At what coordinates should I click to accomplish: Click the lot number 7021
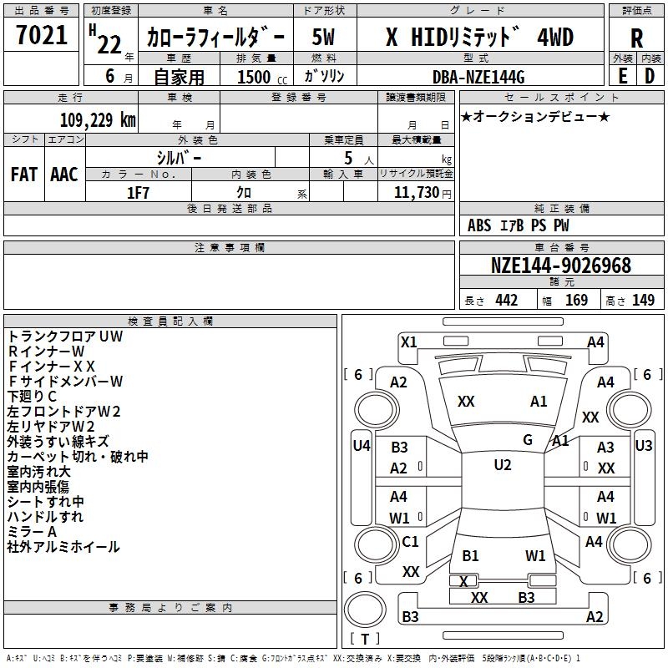[x=42, y=35]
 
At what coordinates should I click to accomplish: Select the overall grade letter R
[x=636, y=38]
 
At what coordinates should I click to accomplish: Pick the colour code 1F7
[x=137, y=193]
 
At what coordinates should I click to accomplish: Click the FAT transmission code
[x=24, y=174]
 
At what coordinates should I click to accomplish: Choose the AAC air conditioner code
[x=64, y=174]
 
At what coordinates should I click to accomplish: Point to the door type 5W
[x=323, y=37]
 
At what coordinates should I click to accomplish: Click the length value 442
[x=507, y=301]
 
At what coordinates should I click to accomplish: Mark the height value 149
[x=643, y=301]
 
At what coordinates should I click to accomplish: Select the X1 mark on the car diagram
[x=409, y=342]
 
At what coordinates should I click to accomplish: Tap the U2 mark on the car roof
[x=502, y=465]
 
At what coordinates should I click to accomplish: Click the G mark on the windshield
[x=528, y=440]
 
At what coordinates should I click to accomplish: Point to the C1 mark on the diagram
[x=410, y=542]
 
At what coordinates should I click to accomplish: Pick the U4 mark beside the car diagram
[x=361, y=446]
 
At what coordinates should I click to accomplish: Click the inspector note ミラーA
[x=32, y=531]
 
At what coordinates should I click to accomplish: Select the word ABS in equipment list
[x=479, y=225]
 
